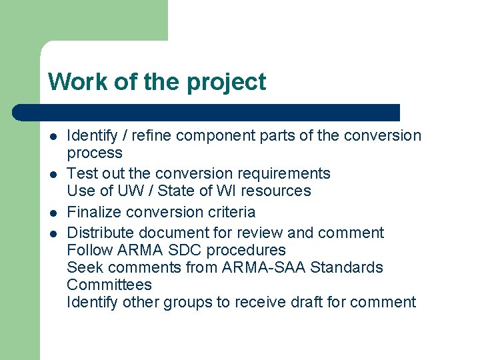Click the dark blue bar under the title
[207, 112]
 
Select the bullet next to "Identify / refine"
[53, 137]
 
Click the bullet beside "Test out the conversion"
[53, 174]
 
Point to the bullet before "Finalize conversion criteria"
[53, 213]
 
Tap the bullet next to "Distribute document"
[53, 233]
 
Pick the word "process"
[95, 153]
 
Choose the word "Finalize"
[94, 212]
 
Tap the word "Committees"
[109, 285]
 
